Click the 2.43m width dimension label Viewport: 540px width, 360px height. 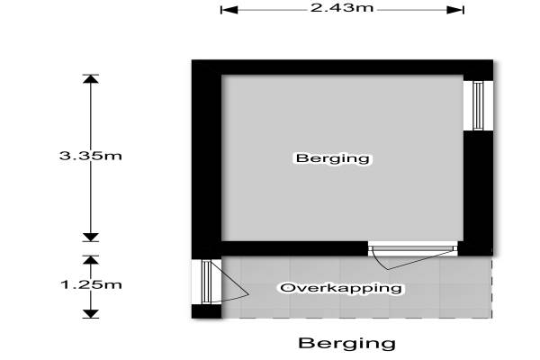point(342,7)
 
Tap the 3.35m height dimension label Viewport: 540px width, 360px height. point(91,156)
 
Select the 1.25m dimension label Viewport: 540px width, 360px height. point(91,284)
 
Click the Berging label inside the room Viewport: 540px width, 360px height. point(333,158)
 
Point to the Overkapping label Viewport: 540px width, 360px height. point(341,288)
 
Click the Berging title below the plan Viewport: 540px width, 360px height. point(346,343)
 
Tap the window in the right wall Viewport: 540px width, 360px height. point(478,106)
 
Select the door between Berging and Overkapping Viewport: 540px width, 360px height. point(412,256)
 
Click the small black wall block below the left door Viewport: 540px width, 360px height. point(206,311)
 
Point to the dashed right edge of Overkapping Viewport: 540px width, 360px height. point(491,287)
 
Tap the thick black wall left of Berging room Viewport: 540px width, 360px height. point(206,159)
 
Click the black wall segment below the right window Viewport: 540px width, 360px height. point(478,193)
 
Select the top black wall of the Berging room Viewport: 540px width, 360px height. point(342,67)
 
